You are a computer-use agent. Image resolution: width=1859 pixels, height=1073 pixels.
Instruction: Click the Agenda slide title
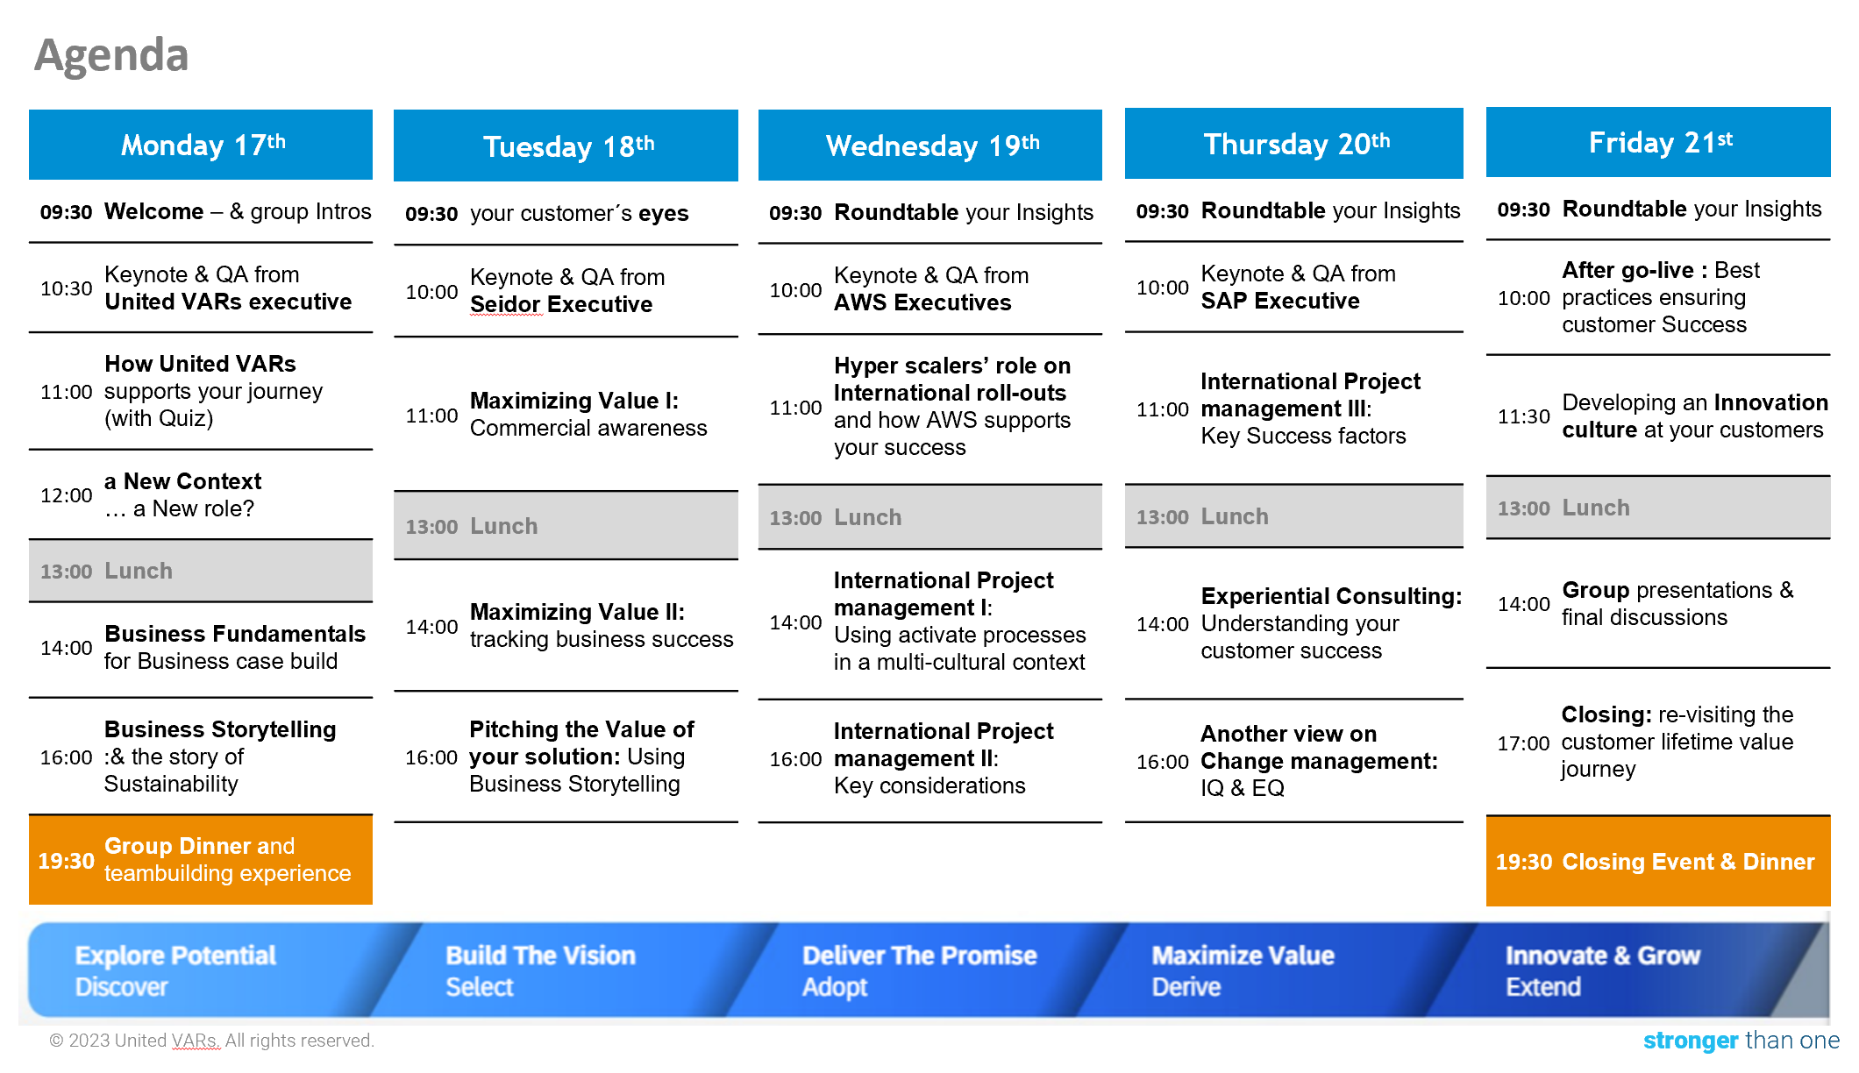pyautogui.click(x=111, y=55)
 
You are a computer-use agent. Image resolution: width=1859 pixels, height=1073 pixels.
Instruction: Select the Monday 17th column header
pyautogui.click(x=201, y=145)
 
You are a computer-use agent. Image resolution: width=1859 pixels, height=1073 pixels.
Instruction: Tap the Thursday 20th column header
pyautogui.click(x=1294, y=144)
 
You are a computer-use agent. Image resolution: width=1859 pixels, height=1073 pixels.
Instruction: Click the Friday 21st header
pyautogui.click(x=1658, y=142)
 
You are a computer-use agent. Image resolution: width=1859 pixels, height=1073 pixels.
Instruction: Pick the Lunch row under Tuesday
pyautogui.click(x=566, y=526)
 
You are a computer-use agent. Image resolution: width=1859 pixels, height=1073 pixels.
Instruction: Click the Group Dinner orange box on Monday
pyautogui.click(x=201, y=860)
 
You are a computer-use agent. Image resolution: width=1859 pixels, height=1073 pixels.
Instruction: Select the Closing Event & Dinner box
pyautogui.click(x=1658, y=862)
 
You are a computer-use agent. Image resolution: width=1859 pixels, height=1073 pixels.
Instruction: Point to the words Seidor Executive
pyautogui.click(x=561, y=304)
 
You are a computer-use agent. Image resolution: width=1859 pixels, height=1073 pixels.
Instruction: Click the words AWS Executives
pyautogui.click(x=922, y=302)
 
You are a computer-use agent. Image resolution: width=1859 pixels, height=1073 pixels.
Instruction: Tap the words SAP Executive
pyautogui.click(x=1280, y=301)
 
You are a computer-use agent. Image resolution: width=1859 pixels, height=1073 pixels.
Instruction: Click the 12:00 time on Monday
pyautogui.click(x=67, y=495)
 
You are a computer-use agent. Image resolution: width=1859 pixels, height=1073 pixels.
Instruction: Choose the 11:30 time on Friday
pyautogui.click(x=1524, y=416)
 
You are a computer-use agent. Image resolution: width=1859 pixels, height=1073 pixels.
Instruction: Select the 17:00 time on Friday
pyautogui.click(x=1524, y=743)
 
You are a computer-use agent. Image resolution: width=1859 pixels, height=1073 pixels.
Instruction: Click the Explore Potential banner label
pyautogui.click(x=175, y=956)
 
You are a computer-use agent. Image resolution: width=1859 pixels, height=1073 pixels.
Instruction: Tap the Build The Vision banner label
pyautogui.click(x=541, y=956)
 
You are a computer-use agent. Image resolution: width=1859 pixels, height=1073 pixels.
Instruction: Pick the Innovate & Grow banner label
pyautogui.click(x=1603, y=956)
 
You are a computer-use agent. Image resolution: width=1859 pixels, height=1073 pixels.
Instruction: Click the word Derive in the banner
pyautogui.click(x=1186, y=987)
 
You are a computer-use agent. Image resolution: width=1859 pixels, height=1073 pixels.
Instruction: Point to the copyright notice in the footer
pyautogui.click(x=211, y=1041)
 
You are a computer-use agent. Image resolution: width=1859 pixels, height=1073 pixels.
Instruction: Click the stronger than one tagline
pyautogui.click(x=1741, y=1041)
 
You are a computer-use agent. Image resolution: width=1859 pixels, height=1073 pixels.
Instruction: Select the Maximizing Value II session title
pyautogui.click(x=577, y=612)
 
